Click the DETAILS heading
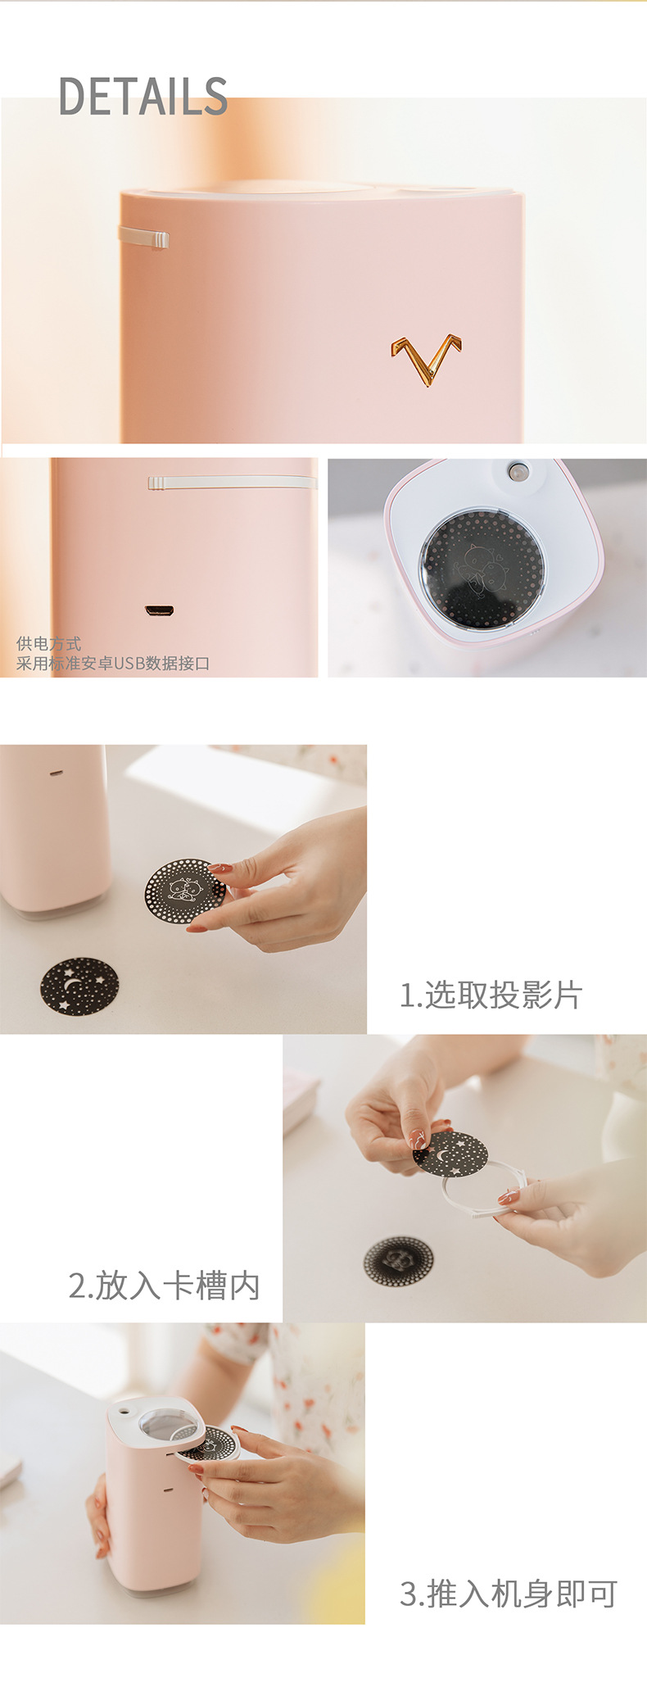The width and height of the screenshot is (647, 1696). pos(143,96)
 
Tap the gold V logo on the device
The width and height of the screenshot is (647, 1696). pos(426,358)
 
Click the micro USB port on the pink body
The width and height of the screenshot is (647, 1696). pos(159,610)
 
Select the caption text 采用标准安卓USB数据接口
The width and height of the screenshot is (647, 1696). pos(113,663)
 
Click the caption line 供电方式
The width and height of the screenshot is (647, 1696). pos(48,643)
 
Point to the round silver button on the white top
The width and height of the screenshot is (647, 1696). pos(518,471)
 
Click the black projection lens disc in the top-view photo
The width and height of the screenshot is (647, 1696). pos(482,569)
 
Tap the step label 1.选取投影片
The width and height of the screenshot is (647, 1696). pos(491,995)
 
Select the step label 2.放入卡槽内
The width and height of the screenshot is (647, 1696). pos(164,1285)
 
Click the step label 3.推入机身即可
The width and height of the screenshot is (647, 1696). pos(508,1594)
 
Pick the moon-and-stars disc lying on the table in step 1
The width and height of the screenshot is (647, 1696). pos(79,986)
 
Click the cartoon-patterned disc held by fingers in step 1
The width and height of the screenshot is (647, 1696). pos(184,891)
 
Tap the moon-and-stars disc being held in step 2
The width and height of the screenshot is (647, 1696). pos(451,1154)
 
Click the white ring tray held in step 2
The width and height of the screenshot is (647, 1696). pos(483,1196)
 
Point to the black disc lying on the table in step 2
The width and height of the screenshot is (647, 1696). pos(398,1261)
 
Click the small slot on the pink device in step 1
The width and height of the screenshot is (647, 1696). pos(56,772)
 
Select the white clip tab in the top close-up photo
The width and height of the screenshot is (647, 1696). pos(145,238)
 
